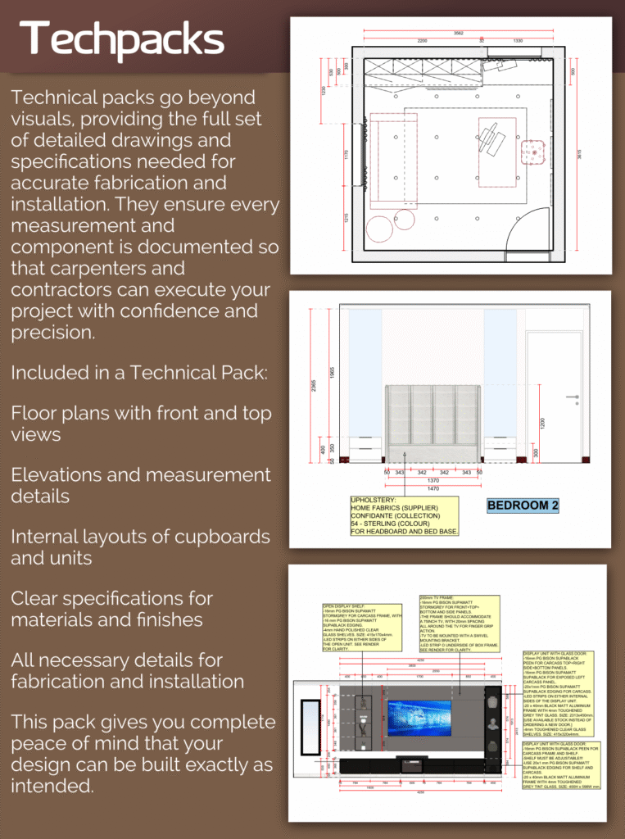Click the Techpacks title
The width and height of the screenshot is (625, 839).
pyautogui.click(x=122, y=39)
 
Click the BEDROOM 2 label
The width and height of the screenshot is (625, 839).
pyautogui.click(x=523, y=506)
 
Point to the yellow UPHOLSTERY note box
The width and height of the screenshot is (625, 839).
pyautogui.click(x=405, y=515)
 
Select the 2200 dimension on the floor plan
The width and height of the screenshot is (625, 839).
pyautogui.click(x=422, y=41)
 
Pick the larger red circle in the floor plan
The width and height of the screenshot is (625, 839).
pyautogui.click(x=379, y=228)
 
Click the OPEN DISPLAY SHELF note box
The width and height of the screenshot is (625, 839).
pyautogui.click(x=361, y=627)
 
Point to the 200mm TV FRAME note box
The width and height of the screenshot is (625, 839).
pyautogui.click(x=459, y=624)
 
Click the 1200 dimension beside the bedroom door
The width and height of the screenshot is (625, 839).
pyautogui.click(x=543, y=424)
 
